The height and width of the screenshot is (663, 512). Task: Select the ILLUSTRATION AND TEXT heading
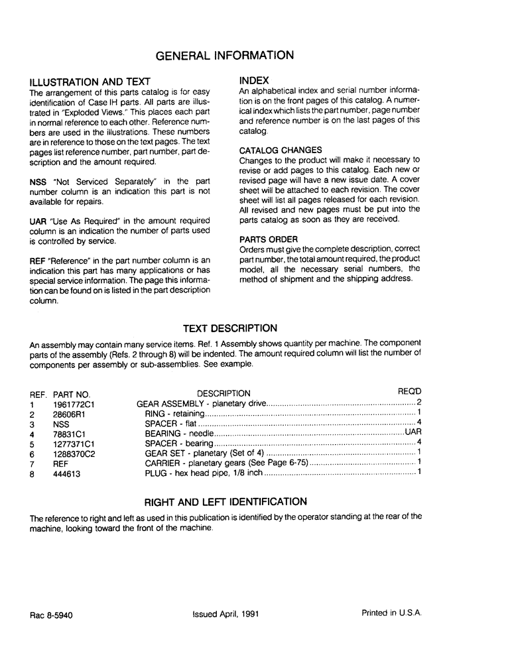(90, 82)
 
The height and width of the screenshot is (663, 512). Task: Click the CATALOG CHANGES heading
(281, 151)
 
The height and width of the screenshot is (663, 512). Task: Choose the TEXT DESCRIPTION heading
(229, 328)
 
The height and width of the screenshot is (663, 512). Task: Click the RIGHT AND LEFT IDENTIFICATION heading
(225, 502)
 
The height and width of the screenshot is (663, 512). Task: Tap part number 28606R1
(70, 414)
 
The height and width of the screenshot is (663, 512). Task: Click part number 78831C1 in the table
(70, 434)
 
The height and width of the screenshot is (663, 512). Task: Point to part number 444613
(67, 475)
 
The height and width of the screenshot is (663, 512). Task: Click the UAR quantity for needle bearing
(413, 434)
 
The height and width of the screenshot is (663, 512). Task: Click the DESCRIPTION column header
(224, 394)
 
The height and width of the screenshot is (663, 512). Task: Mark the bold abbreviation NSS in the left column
(38, 182)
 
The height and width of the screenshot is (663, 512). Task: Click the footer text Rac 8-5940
(51, 615)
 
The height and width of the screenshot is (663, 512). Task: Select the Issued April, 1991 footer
(225, 614)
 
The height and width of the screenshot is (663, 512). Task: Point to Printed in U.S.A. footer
(391, 613)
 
